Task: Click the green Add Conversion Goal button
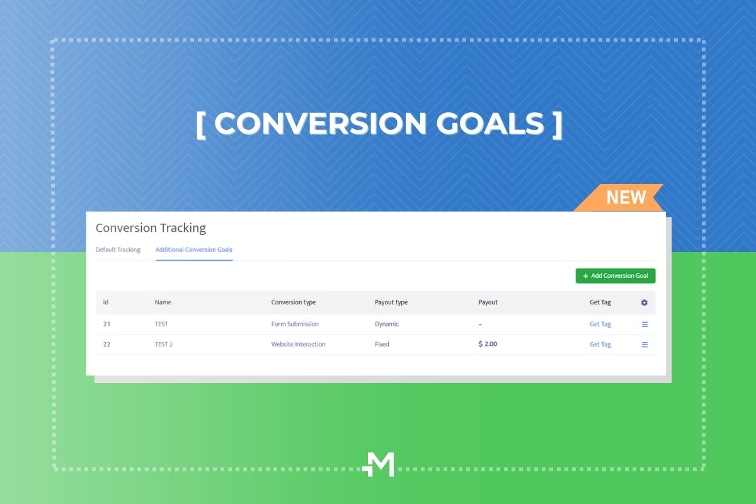pyautogui.click(x=616, y=276)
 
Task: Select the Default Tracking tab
pyautogui.click(x=118, y=249)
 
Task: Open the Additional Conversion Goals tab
pyautogui.click(x=194, y=249)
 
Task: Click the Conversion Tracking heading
pyautogui.click(x=151, y=228)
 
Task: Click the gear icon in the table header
pyautogui.click(x=644, y=302)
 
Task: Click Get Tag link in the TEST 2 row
pyautogui.click(x=600, y=345)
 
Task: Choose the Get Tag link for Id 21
pyautogui.click(x=600, y=324)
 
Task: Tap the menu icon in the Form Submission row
pyautogui.click(x=644, y=324)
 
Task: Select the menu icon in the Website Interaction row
pyautogui.click(x=644, y=345)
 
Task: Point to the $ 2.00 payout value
pyautogui.click(x=488, y=344)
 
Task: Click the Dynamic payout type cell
pyautogui.click(x=387, y=324)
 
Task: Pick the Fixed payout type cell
pyautogui.click(x=382, y=345)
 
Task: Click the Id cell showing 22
pyautogui.click(x=106, y=345)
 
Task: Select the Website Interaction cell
pyautogui.click(x=298, y=345)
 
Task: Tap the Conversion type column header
pyautogui.click(x=294, y=302)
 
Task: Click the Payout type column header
pyautogui.click(x=391, y=302)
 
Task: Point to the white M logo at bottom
pyautogui.click(x=379, y=464)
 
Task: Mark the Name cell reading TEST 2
pyautogui.click(x=164, y=345)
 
